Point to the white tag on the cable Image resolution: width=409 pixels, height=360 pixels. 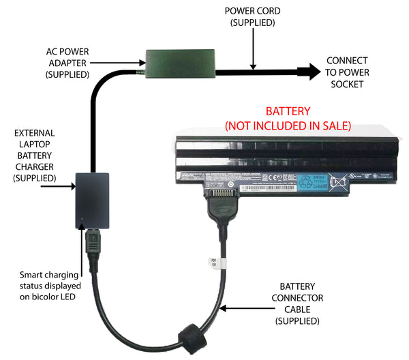click(x=212, y=262)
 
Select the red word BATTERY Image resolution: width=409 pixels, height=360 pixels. click(x=288, y=111)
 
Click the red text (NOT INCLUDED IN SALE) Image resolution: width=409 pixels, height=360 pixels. click(x=288, y=125)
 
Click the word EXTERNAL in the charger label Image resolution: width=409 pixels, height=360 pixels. click(x=33, y=133)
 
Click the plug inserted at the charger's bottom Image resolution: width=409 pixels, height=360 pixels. click(x=92, y=245)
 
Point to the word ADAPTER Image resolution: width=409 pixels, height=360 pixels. click(x=67, y=63)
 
